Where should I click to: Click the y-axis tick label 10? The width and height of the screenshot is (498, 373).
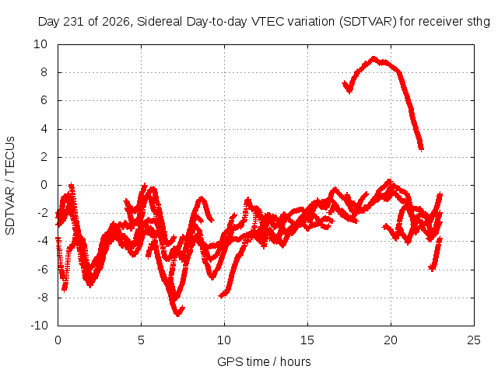[40, 44]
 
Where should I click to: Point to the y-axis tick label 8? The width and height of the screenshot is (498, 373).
[44, 72]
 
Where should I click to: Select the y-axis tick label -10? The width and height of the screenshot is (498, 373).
[39, 326]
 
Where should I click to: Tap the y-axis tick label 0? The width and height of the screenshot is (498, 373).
[44, 185]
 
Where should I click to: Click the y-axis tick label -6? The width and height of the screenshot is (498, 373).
[42, 270]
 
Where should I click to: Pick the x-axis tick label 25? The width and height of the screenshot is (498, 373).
[474, 340]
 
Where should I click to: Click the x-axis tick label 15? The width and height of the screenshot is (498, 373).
[307, 340]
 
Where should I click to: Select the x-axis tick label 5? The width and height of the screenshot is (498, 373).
[141, 340]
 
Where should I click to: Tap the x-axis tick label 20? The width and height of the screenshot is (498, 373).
[391, 340]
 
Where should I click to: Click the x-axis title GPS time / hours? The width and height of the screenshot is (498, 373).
[264, 361]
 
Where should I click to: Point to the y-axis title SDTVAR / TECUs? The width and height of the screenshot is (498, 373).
[10, 186]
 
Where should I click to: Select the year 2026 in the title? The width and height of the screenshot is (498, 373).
[116, 22]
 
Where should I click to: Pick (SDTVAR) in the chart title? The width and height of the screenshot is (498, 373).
[368, 22]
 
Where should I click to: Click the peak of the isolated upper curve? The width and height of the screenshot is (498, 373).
[373, 58]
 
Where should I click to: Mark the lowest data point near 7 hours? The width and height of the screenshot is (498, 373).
[178, 314]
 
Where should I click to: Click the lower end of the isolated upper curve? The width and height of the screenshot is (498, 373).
[421, 148]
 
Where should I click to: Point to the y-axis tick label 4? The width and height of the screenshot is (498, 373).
[44, 129]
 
